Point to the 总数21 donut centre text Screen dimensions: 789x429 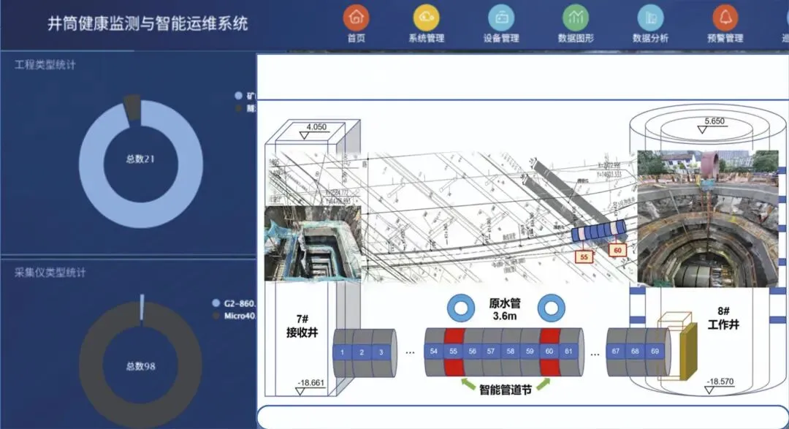pyautogui.click(x=141, y=159)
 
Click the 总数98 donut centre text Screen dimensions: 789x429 pyautogui.click(x=141, y=365)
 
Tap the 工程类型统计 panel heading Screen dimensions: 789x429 pyautogui.click(x=45, y=65)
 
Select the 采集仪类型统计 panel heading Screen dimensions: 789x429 pyautogui.click(x=50, y=273)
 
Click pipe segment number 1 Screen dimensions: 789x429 pyautogui.click(x=342, y=352)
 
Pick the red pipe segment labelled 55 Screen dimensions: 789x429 pyautogui.click(x=453, y=352)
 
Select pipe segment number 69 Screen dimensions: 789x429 pyautogui.click(x=655, y=352)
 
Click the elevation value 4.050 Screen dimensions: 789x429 pyautogui.click(x=316, y=127)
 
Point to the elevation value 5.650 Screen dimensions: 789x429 pyautogui.click(x=714, y=121)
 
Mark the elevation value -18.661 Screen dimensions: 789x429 pyautogui.click(x=312, y=383)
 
